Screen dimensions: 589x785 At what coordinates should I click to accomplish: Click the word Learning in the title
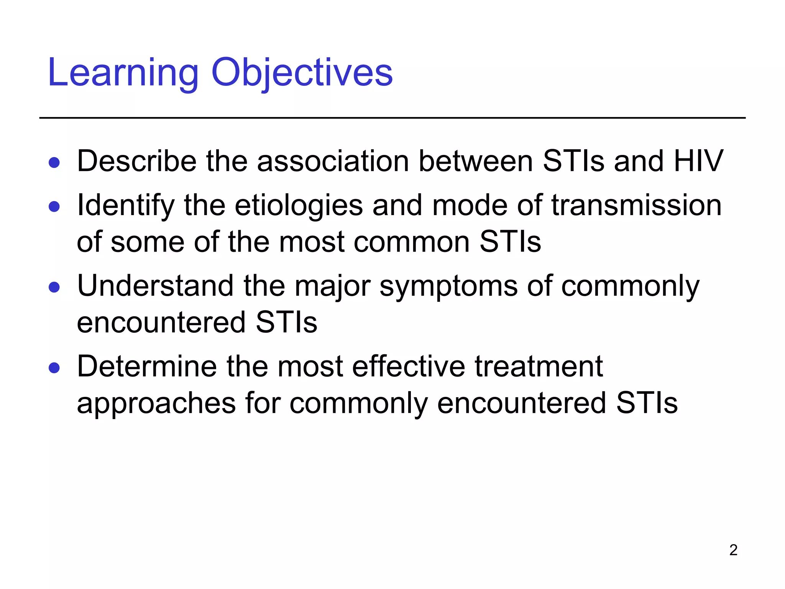pos(123,73)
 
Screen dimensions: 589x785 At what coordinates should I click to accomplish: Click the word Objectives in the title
pos(302,73)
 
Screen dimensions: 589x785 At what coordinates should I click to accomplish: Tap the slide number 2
pos(733,550)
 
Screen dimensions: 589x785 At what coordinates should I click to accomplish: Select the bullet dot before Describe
pos(54,163)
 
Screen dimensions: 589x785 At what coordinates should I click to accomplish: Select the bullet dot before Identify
pos(54,207)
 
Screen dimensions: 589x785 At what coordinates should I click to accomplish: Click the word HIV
pos(698,161)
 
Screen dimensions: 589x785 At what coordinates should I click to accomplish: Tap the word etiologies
pos(299,206)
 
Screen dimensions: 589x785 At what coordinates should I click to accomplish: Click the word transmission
pos(636,206)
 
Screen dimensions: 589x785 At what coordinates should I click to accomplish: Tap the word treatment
pos(539,367)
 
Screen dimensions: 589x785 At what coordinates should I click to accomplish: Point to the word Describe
pos(137,161)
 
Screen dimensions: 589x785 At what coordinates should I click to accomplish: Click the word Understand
pos(155,286)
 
